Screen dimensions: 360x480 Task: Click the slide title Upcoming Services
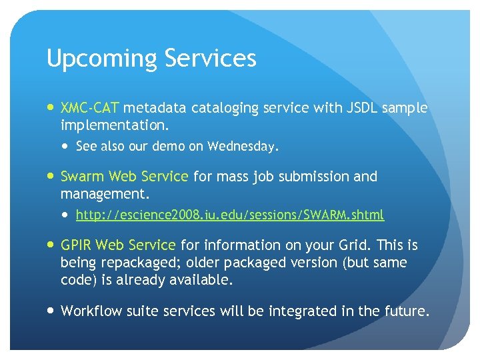coord(151,59)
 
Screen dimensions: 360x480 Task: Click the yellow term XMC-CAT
coord(90,107)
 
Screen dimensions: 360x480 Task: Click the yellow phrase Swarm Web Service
coord(125,177)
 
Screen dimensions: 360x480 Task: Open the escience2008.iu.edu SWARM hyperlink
coord(230,215)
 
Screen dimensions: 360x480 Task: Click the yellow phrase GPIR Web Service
coord(118,245)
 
